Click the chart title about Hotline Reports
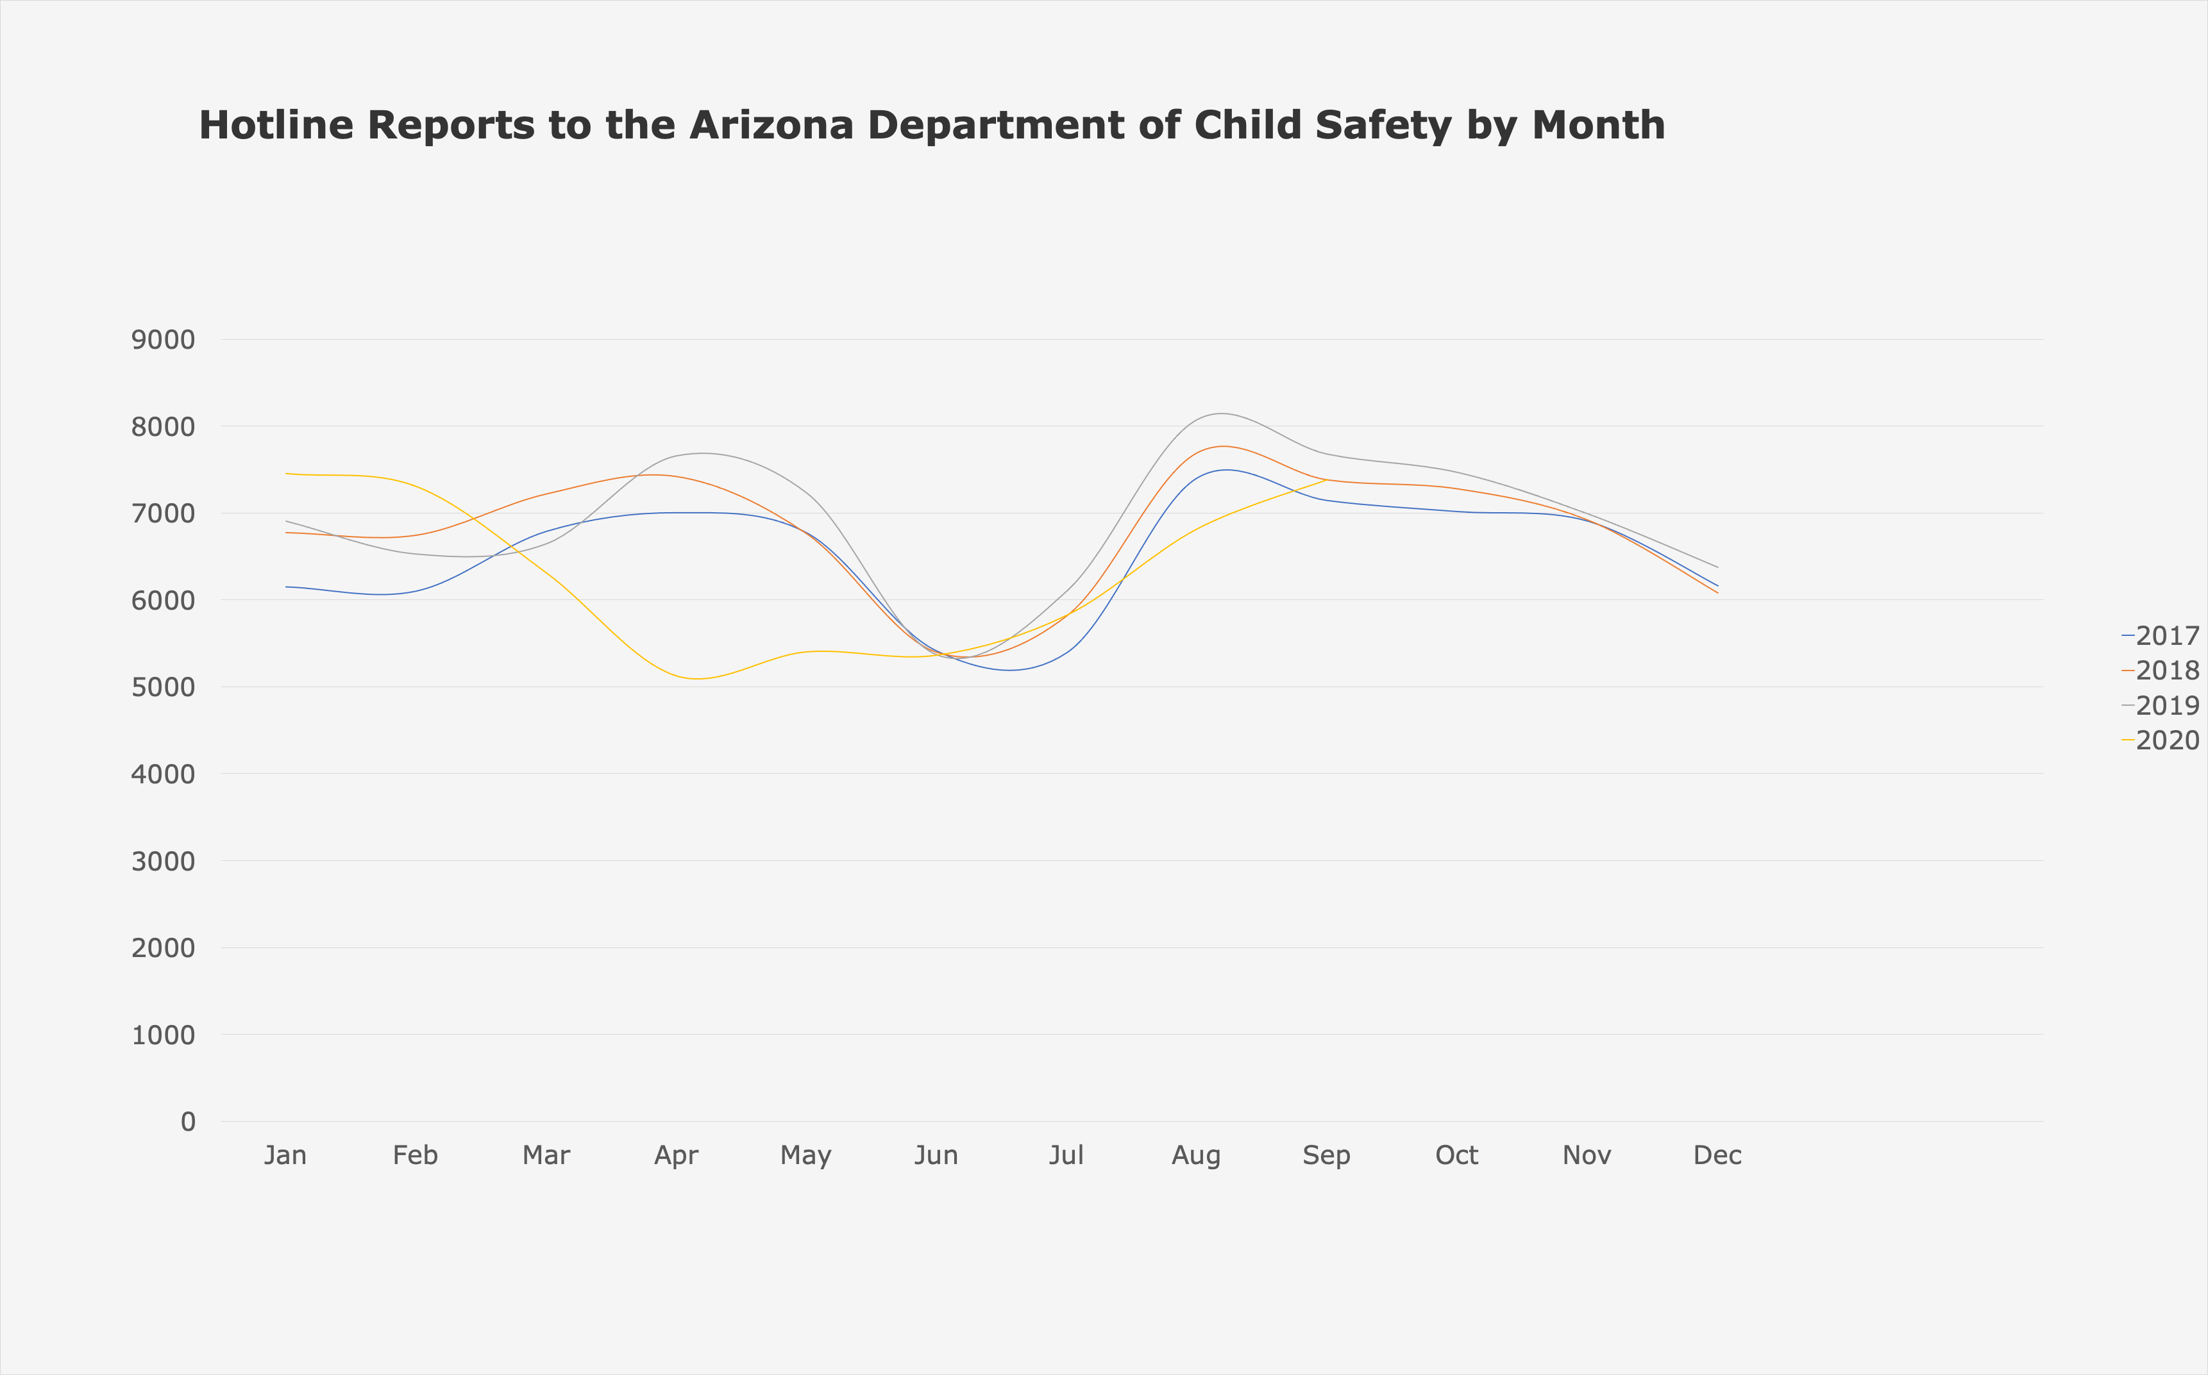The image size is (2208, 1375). click(932, 126)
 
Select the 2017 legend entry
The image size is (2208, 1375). click(2161, 636)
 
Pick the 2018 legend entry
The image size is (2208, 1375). click(2161, 671)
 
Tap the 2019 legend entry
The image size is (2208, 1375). click(2161, 706)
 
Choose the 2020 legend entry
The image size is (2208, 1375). click(2161, 740)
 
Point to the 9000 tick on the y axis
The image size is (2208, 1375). click(163, 340)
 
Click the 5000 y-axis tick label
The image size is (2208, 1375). click(163, 687)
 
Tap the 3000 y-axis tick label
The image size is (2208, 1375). click(163, 861)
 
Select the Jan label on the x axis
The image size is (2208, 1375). click(285, 1156)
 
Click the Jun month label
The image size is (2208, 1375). click(936, 1156)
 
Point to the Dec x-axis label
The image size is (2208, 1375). click(1717, 1156)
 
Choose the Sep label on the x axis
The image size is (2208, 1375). click(1326, 1156)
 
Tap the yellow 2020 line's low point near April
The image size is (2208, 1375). click(697, 678)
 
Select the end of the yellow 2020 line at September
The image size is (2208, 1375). click(1326, 479)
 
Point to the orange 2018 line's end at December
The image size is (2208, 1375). click(1717, 593)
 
